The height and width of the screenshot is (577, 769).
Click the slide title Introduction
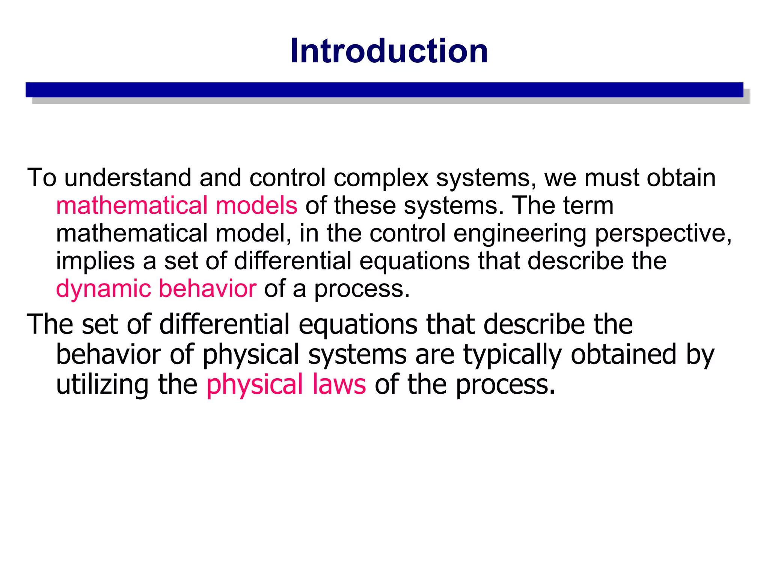(389, 51)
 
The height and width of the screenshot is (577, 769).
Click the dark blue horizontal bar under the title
(384, 90)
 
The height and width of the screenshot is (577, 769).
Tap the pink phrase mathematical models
(176, 205)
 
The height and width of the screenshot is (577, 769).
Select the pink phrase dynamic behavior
(156, 288)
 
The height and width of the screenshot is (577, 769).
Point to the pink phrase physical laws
(286, 384)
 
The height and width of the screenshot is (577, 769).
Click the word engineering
(520, 233)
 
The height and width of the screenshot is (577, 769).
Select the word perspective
(663, 233)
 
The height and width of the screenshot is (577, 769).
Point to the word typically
(513, 354)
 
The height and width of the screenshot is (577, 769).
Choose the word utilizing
(102, 384)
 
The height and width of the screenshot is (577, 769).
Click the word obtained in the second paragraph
(623, 354)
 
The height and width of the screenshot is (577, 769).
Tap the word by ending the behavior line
(700, 354)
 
